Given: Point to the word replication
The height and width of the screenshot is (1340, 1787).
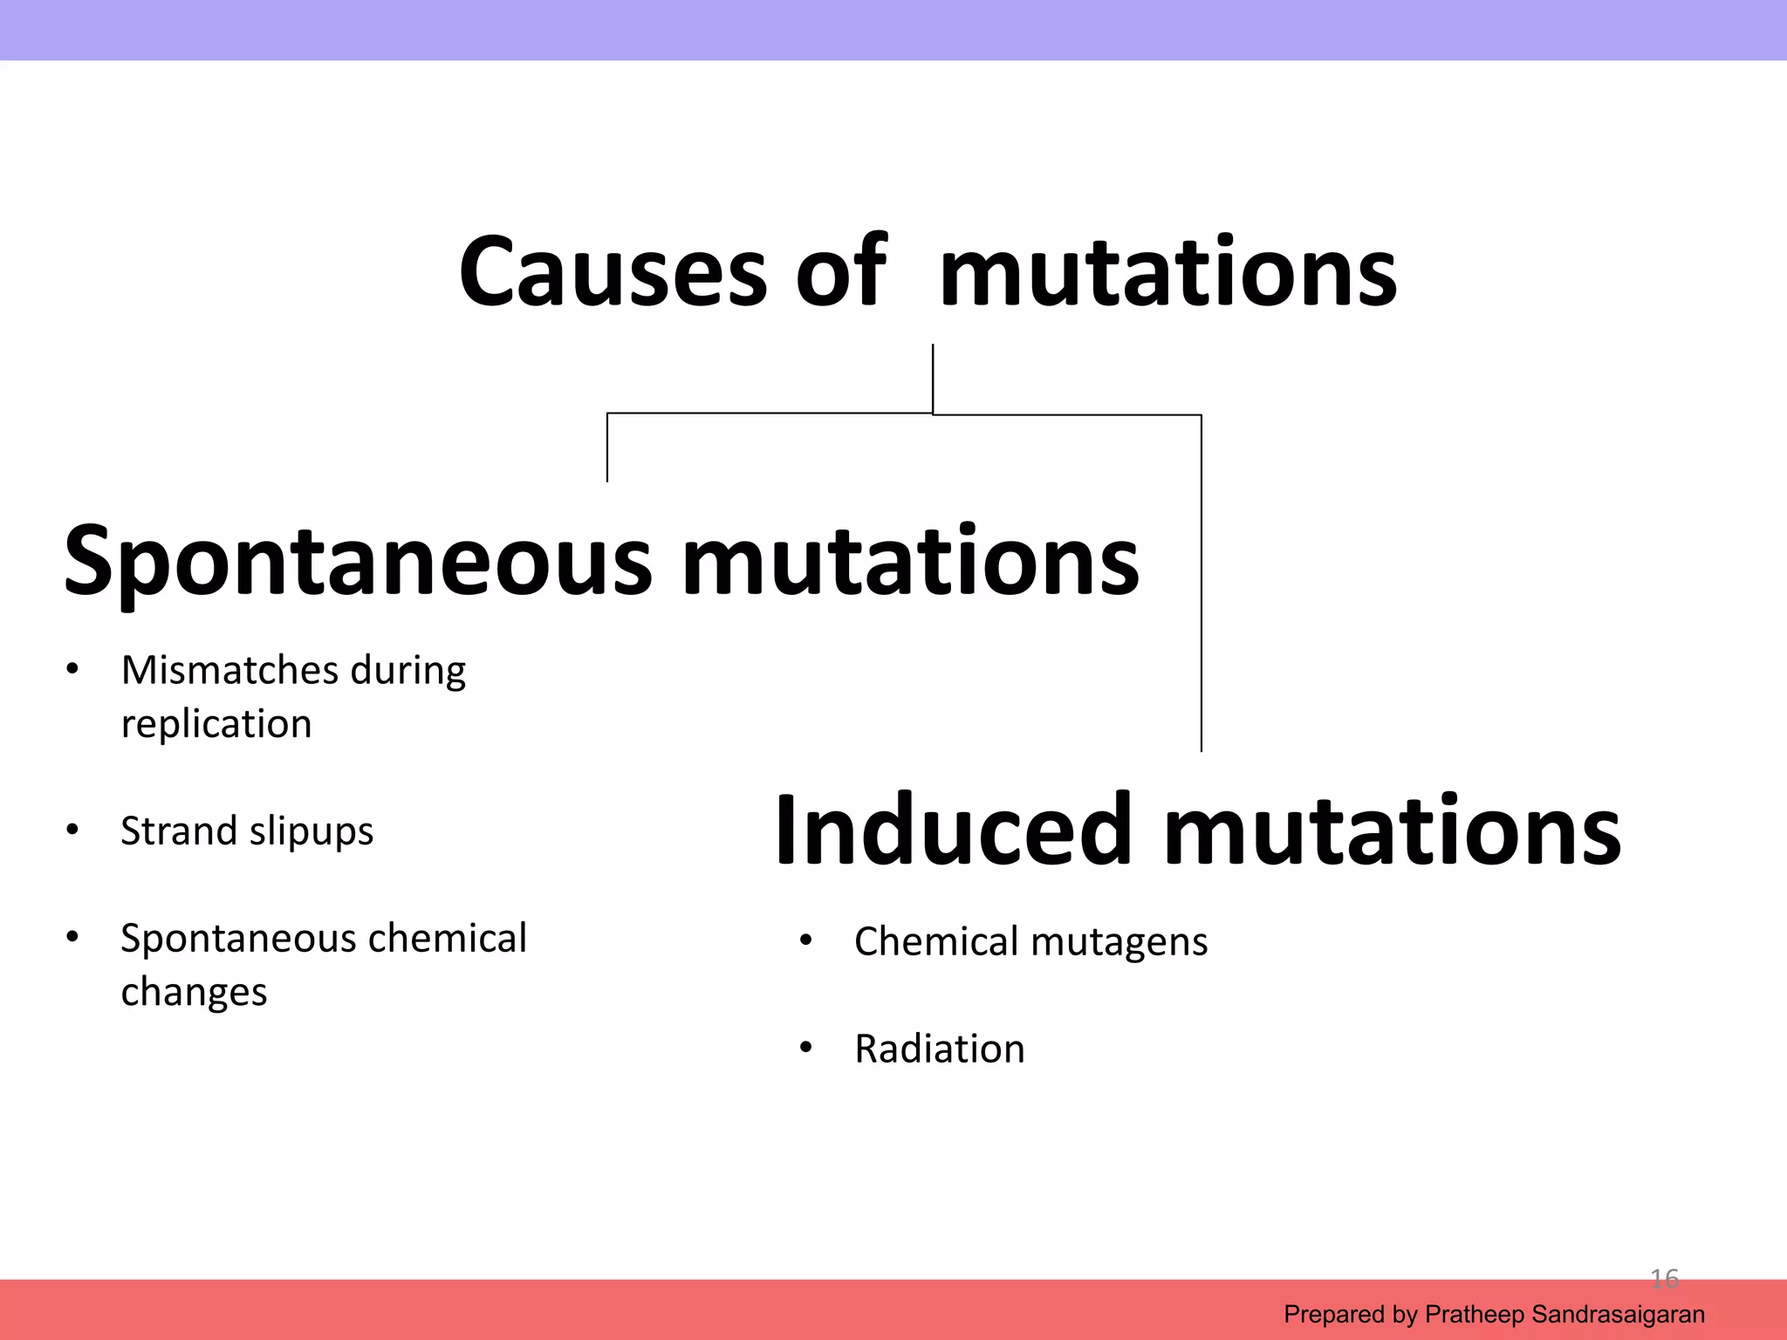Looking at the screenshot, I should click(216, 724).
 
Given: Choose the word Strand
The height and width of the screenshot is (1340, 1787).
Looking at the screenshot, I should click(178, 831).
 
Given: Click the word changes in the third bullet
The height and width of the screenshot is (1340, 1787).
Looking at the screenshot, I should click(194, 993).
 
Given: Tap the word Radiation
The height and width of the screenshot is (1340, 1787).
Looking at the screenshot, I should click(939, 1049).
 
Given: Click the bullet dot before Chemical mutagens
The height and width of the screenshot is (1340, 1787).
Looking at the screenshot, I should click(805, 941).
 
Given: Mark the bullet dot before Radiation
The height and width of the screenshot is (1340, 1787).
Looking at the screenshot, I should click(805, 1048).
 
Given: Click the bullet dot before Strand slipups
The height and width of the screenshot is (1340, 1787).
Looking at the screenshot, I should click(72, 830).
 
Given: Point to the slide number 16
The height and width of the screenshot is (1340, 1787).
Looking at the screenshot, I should click(1664, 1279).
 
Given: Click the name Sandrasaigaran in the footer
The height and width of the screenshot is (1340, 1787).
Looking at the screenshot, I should click(1618, 1314).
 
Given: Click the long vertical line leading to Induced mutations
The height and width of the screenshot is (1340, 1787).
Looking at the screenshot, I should click(1202, 585).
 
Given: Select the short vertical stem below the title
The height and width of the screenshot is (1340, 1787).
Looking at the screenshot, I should click(933, 377).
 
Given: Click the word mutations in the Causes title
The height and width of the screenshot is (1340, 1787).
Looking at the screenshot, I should click(1167, 272).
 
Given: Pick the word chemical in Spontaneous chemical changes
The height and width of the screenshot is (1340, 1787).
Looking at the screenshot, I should click(448, 939).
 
